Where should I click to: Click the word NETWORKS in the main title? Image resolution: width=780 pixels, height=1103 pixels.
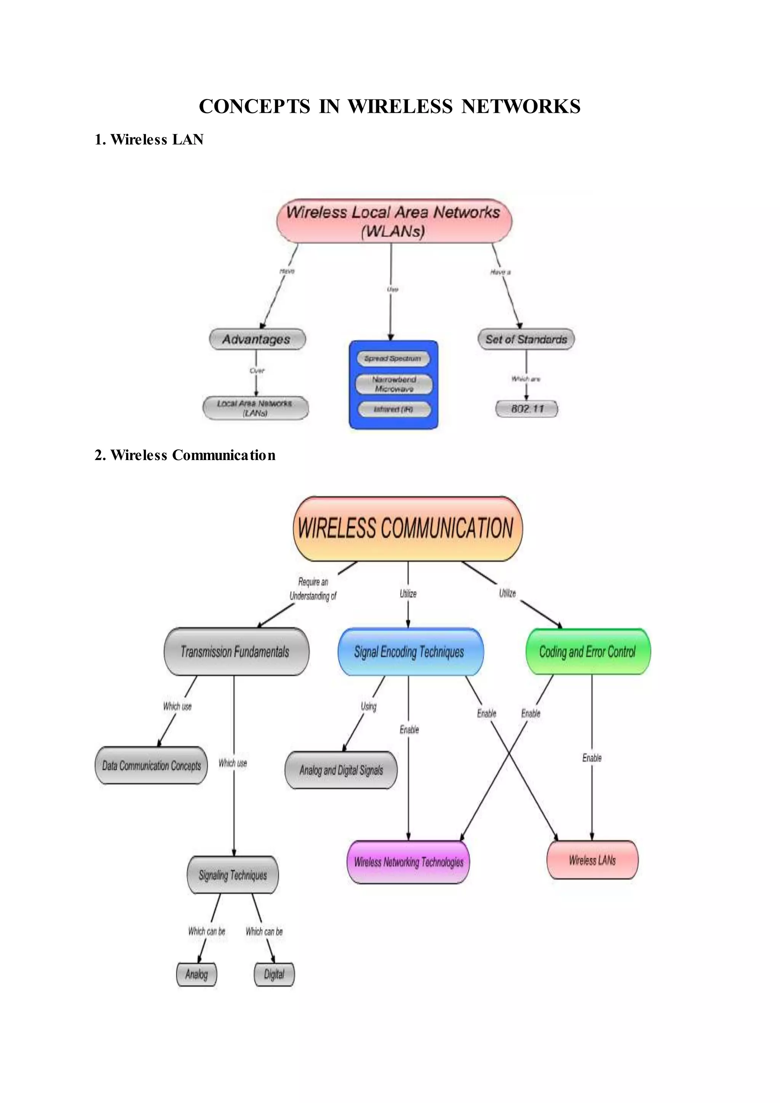point(521,107)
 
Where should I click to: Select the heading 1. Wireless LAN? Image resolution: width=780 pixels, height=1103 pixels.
point(149,140)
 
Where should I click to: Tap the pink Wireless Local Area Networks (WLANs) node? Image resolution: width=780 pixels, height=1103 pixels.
point(394,221)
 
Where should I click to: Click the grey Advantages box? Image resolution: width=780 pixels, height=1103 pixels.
point(257,339)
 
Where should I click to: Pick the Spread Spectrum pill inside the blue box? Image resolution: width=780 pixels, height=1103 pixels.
point(393,358)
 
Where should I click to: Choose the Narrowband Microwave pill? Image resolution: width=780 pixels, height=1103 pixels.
point(394,384)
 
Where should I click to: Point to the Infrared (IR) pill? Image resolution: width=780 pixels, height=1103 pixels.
point(394,409)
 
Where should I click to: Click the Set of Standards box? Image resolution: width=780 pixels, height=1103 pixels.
point(526,339)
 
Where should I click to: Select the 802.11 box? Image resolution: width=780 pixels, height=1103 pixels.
point(527,409)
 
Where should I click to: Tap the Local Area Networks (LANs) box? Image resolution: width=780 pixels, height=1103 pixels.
point(255,408)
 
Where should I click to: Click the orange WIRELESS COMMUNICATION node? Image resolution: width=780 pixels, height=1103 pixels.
point(407,528)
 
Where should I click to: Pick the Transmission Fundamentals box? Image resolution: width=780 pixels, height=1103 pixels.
point(236,652)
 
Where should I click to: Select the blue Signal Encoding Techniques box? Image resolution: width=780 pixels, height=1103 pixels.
point(410,652)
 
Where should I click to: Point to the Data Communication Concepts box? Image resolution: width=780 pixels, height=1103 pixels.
point(151,766)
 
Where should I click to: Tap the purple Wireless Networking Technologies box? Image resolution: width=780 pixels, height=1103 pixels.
point(408,862)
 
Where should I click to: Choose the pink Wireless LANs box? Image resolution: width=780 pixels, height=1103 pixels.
point(592,860)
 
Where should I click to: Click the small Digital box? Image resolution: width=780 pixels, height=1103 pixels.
point(274,974)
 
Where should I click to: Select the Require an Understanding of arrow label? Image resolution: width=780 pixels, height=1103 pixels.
point(313,589)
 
